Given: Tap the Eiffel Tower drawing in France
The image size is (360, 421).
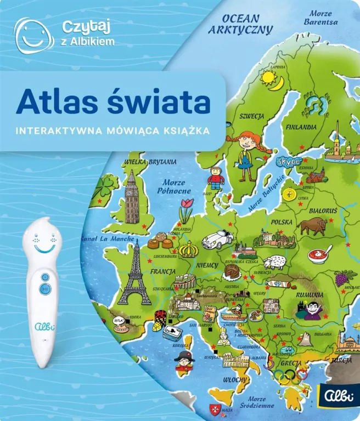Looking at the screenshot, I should [134, 277].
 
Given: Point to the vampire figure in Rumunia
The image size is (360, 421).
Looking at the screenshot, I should [308, 310].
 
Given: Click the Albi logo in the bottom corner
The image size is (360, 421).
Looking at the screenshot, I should [340, 407].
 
